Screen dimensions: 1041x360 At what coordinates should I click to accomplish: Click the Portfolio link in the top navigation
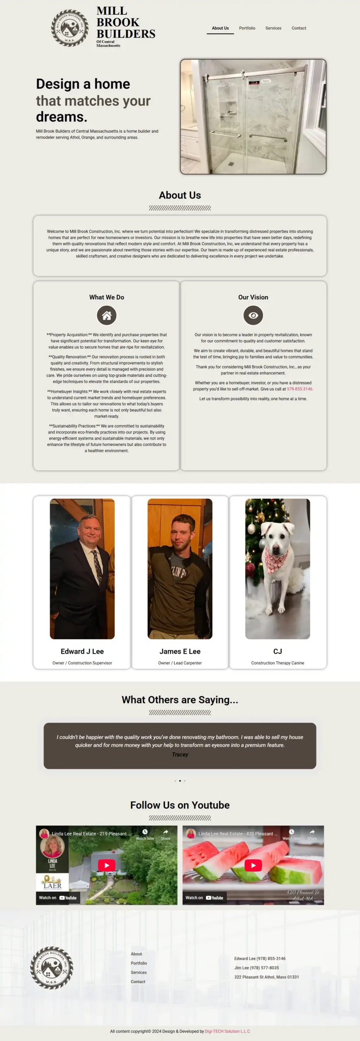[x=247, y=28]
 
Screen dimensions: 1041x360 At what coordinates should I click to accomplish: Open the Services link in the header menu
[x=273, y=28]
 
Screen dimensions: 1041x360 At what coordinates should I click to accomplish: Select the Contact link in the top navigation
[x=299, y=28]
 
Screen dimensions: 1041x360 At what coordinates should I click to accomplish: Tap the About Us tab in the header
[x=220, y=28]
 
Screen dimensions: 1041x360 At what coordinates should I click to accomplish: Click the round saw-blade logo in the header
[x=70, y=28]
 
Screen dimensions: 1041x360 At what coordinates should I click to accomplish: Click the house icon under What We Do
[x=107, y=315]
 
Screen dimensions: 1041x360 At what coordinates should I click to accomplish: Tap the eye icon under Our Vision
[x=253, y=315]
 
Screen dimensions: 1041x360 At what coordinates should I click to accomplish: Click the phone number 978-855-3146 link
[x=300, y=389]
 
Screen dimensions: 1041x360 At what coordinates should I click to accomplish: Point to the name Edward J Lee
[x=82, y=651]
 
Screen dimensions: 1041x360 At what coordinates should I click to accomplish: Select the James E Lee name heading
[x=180, y=651]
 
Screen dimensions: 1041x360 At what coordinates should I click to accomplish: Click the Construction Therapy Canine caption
[x=277, y=663]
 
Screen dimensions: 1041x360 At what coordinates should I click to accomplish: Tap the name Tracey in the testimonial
[x=180, y=754]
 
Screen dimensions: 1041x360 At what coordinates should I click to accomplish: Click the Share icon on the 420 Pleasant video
[x=312, y=833]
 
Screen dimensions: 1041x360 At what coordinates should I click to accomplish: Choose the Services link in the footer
[x=139, y=972]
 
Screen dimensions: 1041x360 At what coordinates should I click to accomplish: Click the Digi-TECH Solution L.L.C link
[x=227, y=1031]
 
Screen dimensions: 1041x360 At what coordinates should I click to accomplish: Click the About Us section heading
[x=180, y=195]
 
